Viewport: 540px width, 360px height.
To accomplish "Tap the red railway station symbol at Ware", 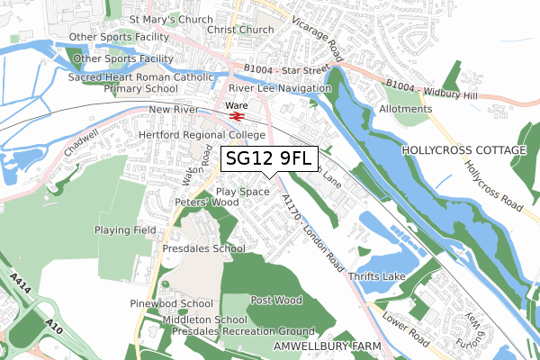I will click(237, 116).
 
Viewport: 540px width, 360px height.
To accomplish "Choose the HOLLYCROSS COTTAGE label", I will click(463, 149).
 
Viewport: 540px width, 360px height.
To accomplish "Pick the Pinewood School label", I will click(171, 304).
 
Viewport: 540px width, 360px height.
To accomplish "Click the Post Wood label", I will click(276, 300).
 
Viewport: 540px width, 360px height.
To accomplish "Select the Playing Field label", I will click(126, 230).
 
